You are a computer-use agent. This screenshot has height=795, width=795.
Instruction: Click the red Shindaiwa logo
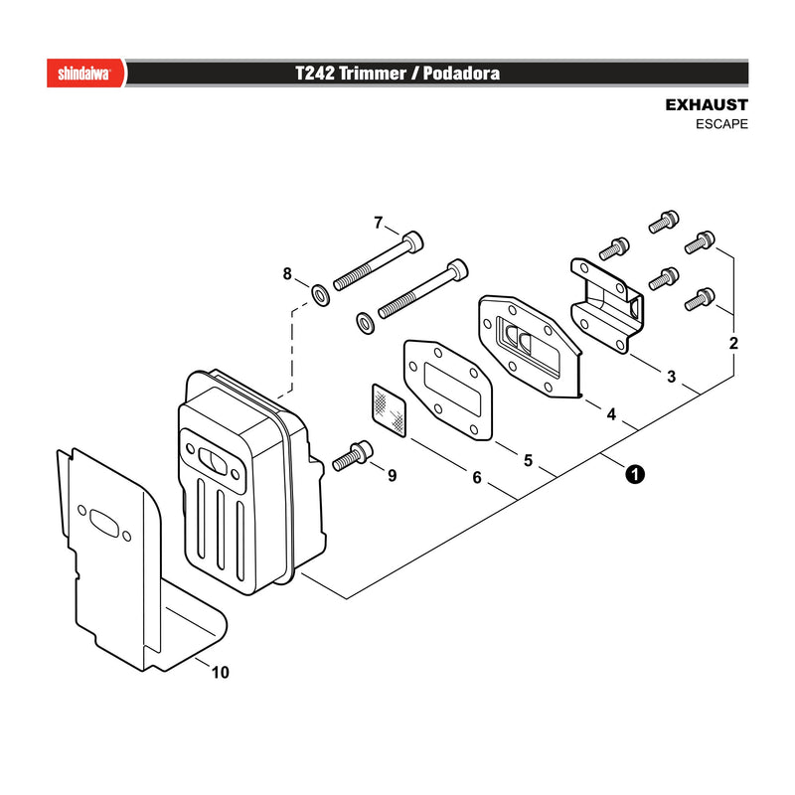click(86, 73)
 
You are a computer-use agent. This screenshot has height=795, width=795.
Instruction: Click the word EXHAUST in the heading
click(707, 105)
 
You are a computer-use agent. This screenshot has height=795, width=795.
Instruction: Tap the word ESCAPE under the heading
click(721, 124)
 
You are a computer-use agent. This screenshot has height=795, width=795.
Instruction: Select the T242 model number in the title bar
click(315, 73)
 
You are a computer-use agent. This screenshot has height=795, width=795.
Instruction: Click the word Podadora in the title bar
click(461, 73)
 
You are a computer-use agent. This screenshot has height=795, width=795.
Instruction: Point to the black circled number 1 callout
click(635, 475)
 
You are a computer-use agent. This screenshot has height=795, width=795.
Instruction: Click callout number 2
click(733, 343)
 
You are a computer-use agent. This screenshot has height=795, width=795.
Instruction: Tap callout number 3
click(672, 377)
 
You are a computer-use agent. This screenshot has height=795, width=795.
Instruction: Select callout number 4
click(611, 414)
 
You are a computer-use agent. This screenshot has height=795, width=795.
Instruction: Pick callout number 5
click(529, 460)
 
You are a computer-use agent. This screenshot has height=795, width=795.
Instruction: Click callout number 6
click(477, 478)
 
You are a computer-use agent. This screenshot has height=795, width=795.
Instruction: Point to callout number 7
click(379, 223)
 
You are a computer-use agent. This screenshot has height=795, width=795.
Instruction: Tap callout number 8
click(287, 274)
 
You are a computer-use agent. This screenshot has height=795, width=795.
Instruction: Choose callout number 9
click(392, 476)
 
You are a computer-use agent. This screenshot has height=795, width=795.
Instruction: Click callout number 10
click(220, 673)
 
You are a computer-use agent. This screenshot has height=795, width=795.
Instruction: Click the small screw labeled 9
click(353, 456)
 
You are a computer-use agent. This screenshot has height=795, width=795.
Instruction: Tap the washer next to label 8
click(320, 295)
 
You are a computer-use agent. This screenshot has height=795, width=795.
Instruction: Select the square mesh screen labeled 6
click(389, 409)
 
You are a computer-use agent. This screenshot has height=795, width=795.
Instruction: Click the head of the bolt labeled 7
click(412, 241)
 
